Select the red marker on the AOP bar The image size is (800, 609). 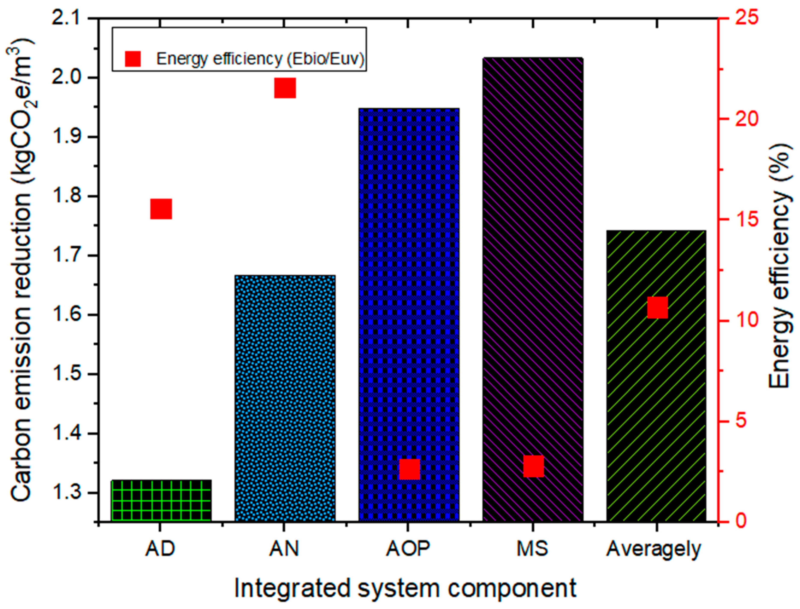click(410, 469)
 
